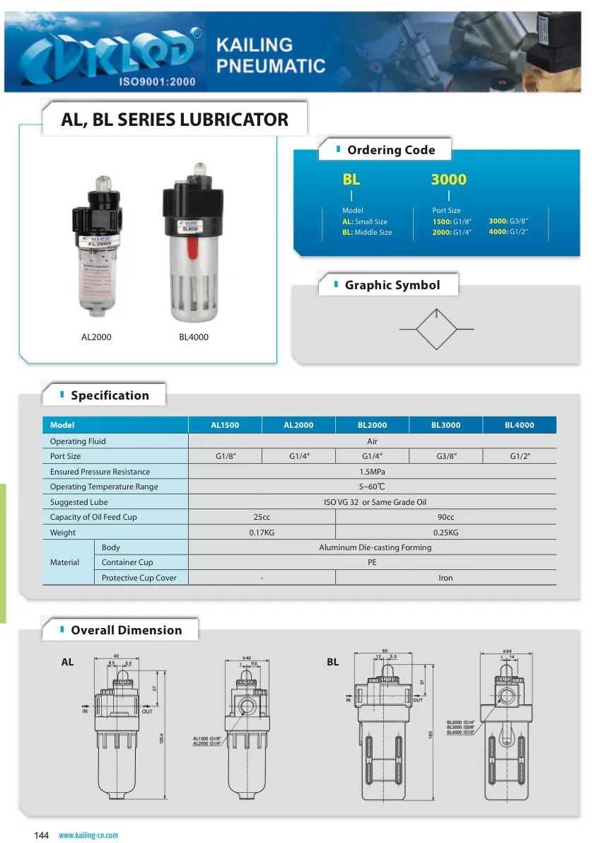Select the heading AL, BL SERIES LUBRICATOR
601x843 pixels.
175,119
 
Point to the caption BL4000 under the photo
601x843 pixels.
194,337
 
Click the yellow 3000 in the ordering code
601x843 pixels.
448,180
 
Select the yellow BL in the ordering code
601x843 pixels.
351,180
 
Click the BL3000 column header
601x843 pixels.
445,425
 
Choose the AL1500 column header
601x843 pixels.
225,425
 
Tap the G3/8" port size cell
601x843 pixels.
445,456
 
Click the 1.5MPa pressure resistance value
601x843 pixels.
372,472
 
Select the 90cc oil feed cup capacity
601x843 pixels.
445,517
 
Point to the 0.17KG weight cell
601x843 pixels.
262,533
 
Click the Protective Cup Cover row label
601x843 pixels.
139,578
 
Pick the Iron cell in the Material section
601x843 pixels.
445,578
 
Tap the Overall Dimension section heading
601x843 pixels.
126,630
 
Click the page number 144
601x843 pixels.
42,835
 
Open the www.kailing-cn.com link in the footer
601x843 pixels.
88,835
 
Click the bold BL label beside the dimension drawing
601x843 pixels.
333,663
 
